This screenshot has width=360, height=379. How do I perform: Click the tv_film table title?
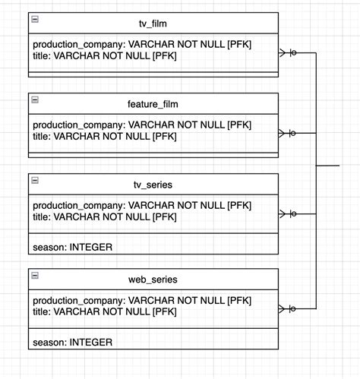[x=153, y=24]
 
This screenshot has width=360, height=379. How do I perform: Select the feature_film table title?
[x=153, y=104]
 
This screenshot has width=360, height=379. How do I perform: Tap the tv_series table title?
[x=153, y=185]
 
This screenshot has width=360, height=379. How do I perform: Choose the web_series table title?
[x=153, y=280]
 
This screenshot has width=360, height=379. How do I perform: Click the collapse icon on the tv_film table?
[x=35, y=19]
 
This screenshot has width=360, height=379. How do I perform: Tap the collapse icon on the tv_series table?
[x=35, y=180]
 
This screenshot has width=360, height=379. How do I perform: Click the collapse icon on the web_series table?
[x=35, y=275]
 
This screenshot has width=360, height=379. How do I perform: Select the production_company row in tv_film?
[x=142, y=45]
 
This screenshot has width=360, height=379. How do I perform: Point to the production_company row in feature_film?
[x=142, y=125]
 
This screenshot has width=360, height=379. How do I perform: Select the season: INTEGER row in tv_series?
[x=73, y=247]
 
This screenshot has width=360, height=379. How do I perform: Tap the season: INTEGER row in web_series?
[x=73, y=342]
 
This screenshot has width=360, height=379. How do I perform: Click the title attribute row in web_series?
[x=105, y=311]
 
